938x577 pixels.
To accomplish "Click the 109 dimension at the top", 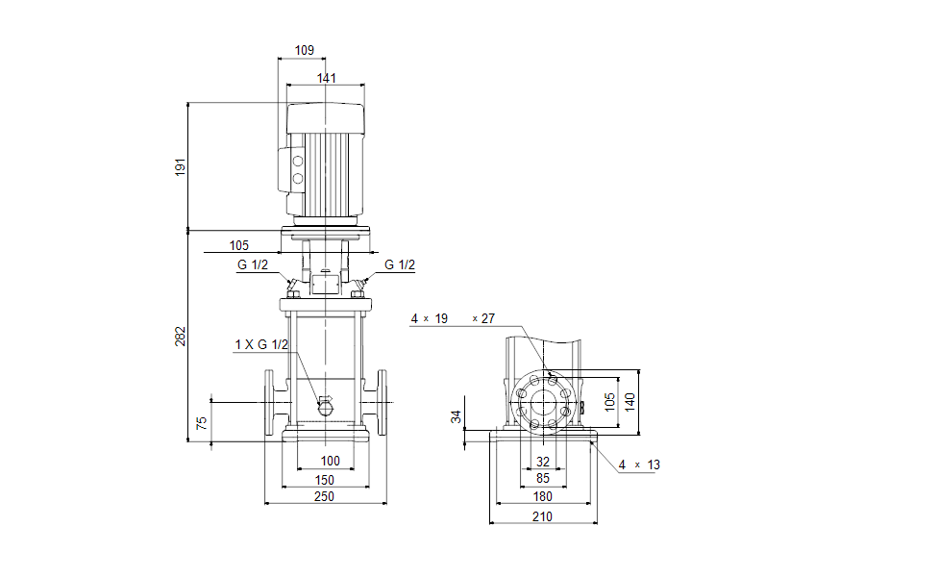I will (305, 49).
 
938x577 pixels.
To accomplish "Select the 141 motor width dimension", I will (327, 78).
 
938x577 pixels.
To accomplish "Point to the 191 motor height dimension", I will (179, 166).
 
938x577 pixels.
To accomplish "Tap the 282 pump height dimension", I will (179, 336).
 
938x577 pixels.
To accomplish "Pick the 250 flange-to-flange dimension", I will (325, 496).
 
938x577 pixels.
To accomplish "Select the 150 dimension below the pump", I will (325, 479).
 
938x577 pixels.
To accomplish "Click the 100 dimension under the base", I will (330, 462).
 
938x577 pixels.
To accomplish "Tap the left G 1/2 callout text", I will (253, 265).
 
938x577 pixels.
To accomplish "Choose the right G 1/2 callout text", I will (400, 265).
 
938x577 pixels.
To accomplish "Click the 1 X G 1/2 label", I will (261, 344).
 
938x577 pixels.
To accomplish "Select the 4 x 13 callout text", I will (639, 464).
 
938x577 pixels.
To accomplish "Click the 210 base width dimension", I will (542, 516).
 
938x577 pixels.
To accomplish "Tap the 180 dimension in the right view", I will (542, 496).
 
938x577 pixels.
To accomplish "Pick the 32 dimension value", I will (543, 462).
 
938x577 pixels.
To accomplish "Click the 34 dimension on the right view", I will (457, 417).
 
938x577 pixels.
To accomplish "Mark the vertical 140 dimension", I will (629, 401).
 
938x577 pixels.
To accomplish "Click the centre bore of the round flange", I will (543, 401).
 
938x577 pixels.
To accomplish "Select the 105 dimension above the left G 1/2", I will (239, 245).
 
